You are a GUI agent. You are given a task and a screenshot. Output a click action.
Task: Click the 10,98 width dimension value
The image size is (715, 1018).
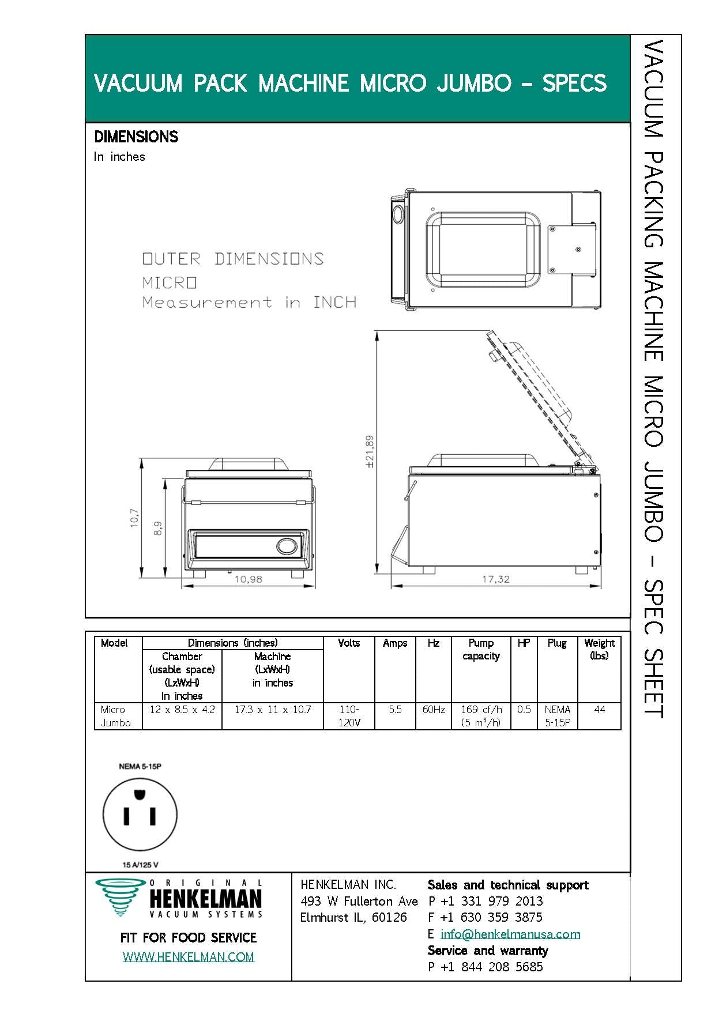click(x=249, y=579)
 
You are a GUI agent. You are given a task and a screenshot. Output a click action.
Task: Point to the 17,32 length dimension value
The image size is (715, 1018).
click(x=496, y=579)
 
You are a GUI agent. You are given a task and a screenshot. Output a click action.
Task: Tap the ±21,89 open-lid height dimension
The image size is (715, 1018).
click(x=370, y=451)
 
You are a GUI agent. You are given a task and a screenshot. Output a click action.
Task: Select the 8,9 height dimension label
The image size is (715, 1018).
click(x=157, y=529)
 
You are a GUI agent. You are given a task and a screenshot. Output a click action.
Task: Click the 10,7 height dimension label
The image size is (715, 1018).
click(x=134, y=517)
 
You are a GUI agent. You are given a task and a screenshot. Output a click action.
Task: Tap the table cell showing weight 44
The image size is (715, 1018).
click(x=600, y=710)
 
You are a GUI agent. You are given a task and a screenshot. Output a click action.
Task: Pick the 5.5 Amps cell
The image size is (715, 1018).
click(x=395, y=710)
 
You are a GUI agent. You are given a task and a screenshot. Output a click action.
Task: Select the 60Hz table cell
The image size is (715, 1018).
click(x=434, y=710)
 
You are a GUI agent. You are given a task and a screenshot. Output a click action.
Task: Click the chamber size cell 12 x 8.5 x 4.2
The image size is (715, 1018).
click(x=182, y=710)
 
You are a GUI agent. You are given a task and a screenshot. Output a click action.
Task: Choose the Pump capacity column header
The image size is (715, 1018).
click(x=481, y=649)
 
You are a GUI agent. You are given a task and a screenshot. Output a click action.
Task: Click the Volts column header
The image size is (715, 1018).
click(x=349, y=643)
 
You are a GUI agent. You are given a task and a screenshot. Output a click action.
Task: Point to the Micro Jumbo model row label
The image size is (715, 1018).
click(x=115, y=716)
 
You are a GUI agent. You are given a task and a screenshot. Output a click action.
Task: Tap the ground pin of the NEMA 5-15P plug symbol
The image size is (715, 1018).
click(x=138, y=795)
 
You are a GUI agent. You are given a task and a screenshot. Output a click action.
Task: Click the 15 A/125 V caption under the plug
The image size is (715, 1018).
click(x=140, y=865)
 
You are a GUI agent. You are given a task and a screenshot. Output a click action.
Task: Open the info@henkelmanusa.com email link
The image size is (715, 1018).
click(x=510, y=934)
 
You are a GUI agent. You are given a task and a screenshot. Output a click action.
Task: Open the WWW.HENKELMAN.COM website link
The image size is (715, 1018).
click(x=189, y=957)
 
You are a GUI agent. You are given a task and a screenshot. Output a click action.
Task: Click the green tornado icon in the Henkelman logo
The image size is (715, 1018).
click(x=120, y=897)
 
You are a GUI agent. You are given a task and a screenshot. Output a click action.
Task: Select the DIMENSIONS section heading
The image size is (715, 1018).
click(x=136, y=137)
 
